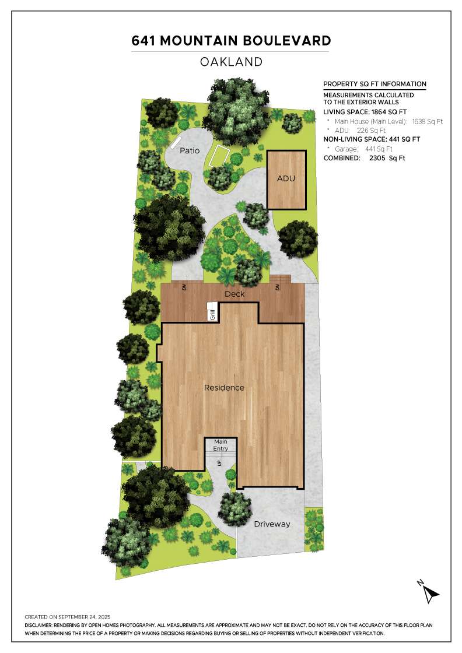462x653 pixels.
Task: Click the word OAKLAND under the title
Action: pyautogui.click(x=231, y=62)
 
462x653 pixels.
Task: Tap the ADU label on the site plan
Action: pyautogui.click(x=286, y=178)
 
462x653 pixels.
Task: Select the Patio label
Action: pyautogui.click(x=190, y=150)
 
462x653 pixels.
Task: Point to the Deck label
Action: pyautogui.click(x=235, y=294)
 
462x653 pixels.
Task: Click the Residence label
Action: pyautogui.click(x=224, y=388)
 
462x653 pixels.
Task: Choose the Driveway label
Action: pyautogui.click(x=272, y=524)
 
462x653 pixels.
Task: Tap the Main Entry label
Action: pyautogui.click(x=220, y=445)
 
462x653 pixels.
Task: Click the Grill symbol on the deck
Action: pyautogui.click(x=212, y=312)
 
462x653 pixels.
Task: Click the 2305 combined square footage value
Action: pyautogui.click(x=387, y=158)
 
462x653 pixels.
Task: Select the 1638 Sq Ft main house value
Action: pyautogui.click(x=428, y=122)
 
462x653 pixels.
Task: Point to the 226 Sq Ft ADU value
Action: pyautogui.click(x=371, y=131)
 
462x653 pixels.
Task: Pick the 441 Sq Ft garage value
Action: pyautogui.click(x=379, y=149)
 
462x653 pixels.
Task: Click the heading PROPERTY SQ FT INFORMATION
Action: pyautogui.click(x=375, y=84)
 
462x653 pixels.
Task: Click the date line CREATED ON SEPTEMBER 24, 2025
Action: pyautogui.click(x=68, y=617)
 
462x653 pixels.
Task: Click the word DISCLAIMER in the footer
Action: pyautogui.click(x=38, y=626)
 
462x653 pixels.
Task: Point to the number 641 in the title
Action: pyautogui.click(x=143, y=41)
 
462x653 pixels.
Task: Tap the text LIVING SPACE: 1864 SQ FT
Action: pyautogui.click(x=365, y=112)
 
